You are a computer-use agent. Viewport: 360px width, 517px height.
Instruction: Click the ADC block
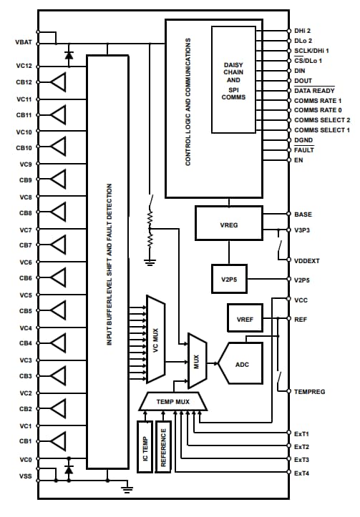point(242,363)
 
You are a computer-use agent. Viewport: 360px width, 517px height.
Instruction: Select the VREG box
point(229,224)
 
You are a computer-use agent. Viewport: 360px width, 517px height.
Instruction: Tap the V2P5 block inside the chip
point(229,280)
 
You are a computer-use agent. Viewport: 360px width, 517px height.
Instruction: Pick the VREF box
point(245,317)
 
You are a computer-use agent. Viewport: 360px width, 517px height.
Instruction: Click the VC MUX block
point(155,339)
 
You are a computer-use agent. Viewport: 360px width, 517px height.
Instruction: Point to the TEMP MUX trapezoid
point(172,403)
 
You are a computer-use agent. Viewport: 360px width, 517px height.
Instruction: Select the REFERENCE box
point(163,446)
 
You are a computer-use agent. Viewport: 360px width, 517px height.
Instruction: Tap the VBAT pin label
point(23,44)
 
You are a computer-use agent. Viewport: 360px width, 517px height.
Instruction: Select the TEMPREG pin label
point(310,391)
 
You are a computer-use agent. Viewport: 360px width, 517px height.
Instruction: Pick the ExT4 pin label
point(301,473)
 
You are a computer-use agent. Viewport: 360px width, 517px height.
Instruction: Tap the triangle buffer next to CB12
point(57,82)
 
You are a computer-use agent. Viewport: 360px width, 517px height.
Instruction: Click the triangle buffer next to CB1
point(57,441)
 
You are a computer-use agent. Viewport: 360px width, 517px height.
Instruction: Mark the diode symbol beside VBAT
point(69,54)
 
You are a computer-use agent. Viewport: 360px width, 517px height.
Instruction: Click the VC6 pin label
point(25,262)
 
